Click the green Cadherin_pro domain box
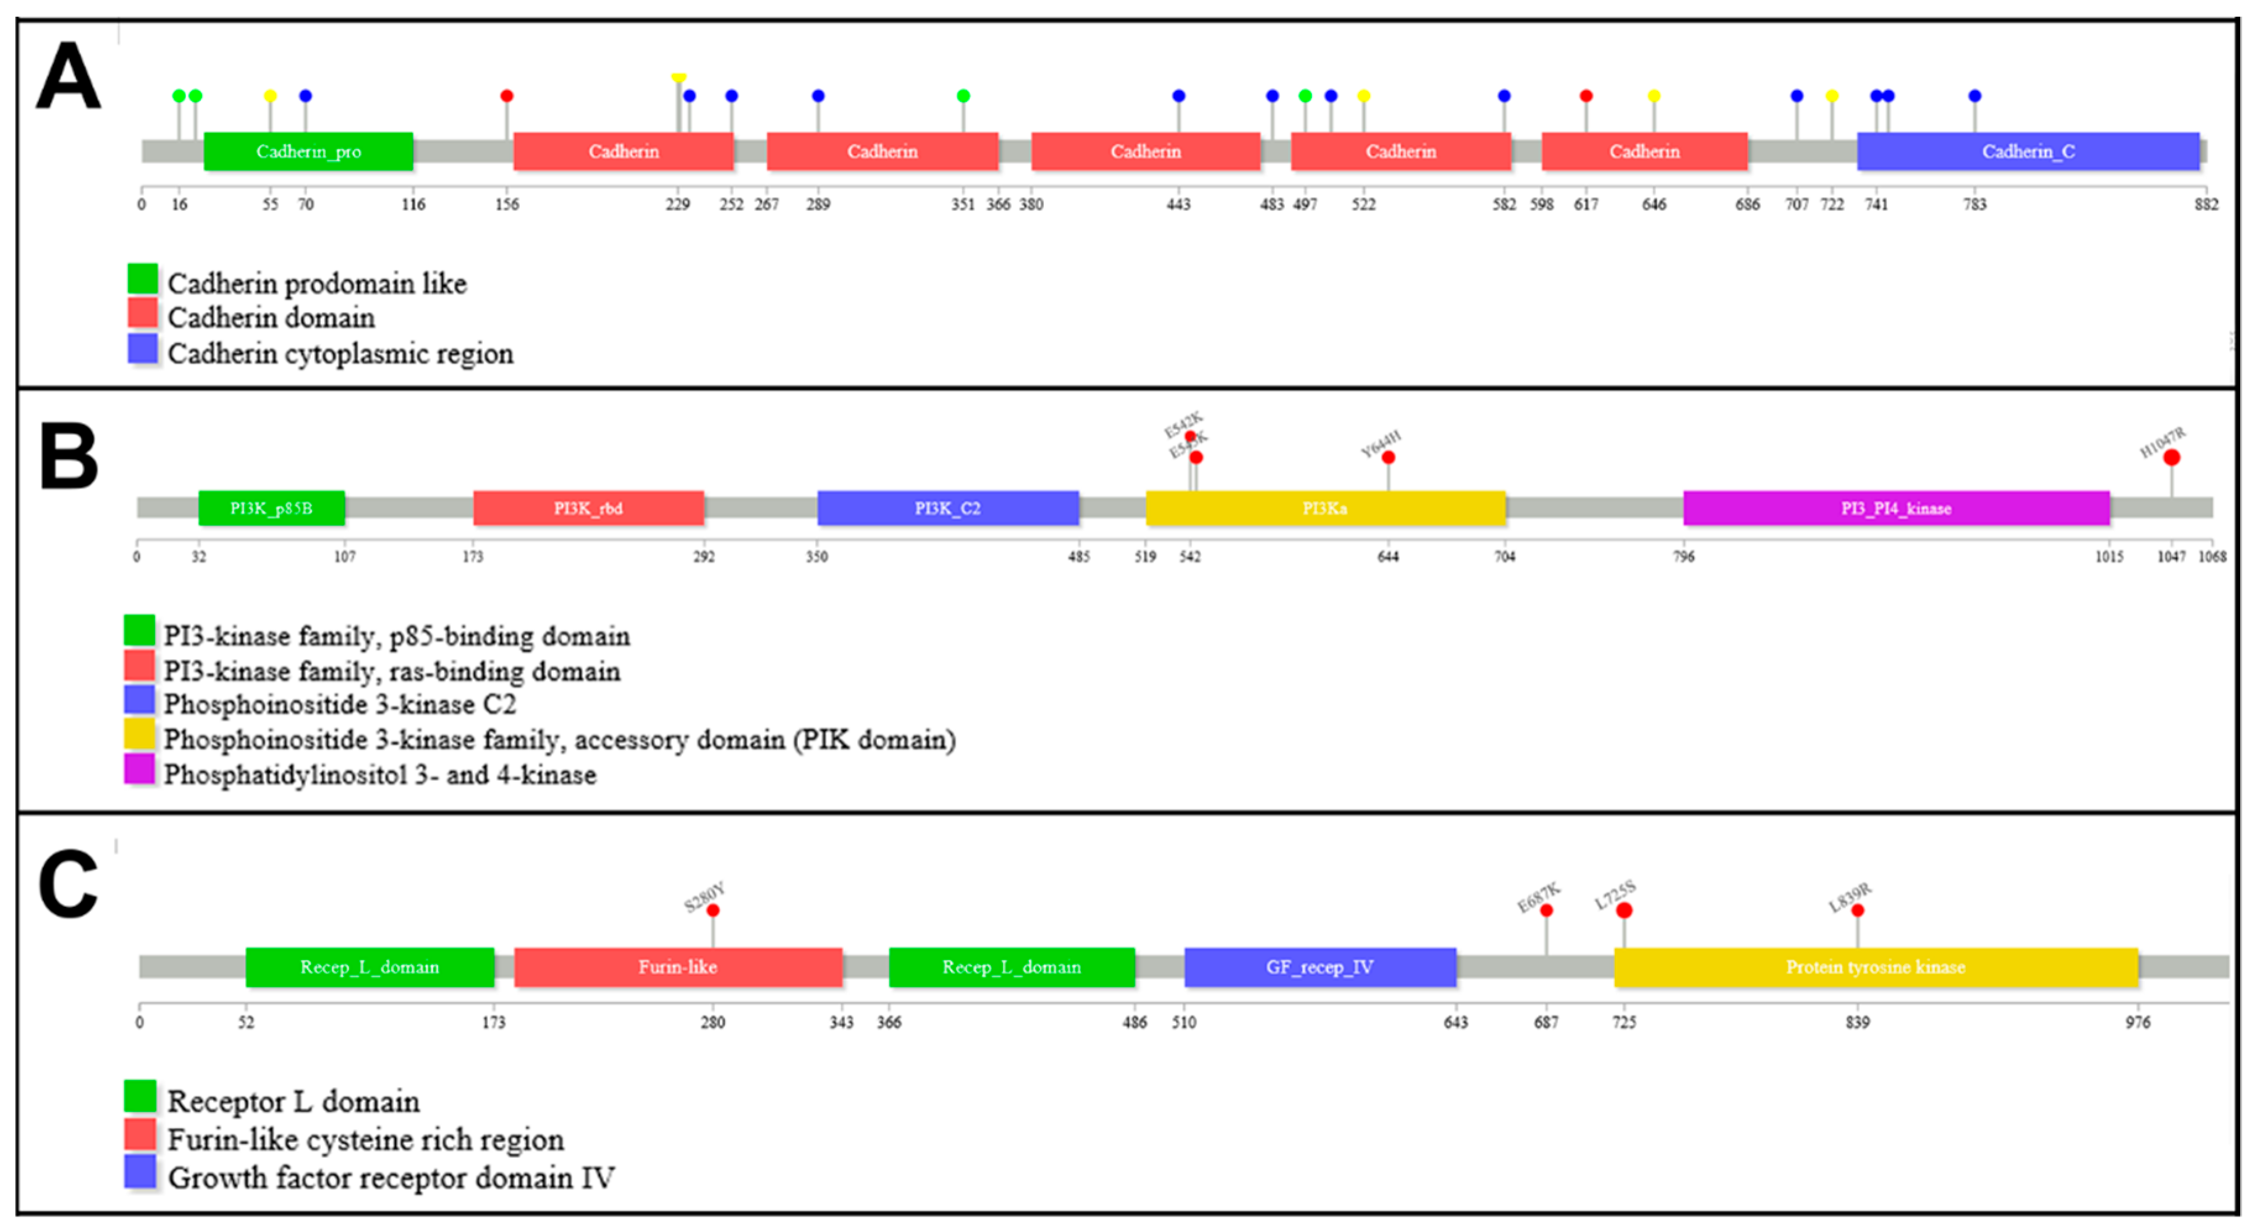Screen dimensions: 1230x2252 coord(308,151)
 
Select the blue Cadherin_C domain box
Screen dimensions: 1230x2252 coord(2027,151)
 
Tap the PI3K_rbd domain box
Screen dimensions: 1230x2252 coord(588,508)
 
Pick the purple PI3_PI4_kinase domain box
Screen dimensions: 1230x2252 coord(1896,508)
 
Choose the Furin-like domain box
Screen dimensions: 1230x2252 coord(677,967)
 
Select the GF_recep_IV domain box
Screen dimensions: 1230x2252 coord(1320,967)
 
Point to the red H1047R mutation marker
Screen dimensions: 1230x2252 coord(2172,457)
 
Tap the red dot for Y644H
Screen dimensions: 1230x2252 coord(1388,457)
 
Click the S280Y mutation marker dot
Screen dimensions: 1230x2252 coord(713,910)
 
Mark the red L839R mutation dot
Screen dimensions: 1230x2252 coord(1858,910)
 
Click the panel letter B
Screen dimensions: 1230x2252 coord(68,457)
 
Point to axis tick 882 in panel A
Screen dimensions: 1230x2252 coord(2206,204)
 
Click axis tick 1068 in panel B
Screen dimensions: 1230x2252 coord(2212,557)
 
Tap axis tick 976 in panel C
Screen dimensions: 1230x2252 coord(2138,1022)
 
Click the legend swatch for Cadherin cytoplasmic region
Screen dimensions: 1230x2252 coord(143,349)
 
